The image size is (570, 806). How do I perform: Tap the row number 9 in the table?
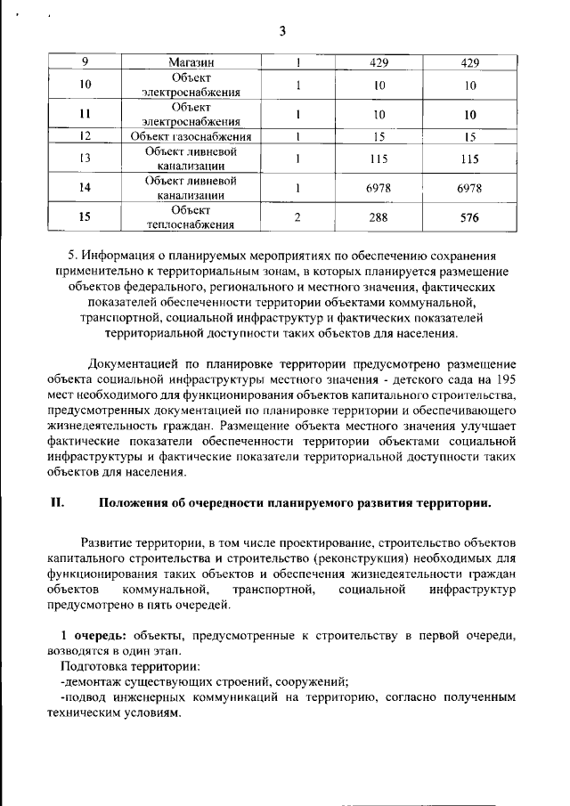click(x=85, y=63)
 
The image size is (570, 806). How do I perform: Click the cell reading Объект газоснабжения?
click(x=191, y=137)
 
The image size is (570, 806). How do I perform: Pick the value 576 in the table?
click(x=469, y=216)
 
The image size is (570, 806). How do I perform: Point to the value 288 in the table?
click(x=379, y=216)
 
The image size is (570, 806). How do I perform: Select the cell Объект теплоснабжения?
click(x=191, y=216)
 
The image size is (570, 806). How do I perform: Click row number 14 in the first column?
click(x=85, y=187)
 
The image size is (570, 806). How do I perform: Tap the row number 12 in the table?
click(x=85, y=137)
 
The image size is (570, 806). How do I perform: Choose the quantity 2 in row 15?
click(x=297, y=216)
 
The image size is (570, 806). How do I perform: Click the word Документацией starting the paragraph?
click(x=131, y=363)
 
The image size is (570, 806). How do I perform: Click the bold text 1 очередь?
click(x=93, y=636)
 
